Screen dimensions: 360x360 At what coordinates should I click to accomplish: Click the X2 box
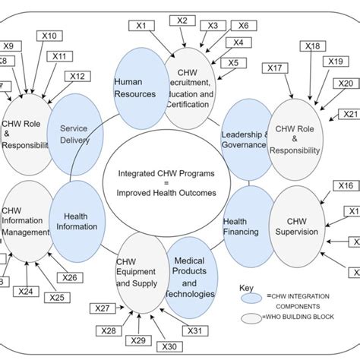[182, 21]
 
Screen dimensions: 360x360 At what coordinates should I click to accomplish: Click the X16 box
[346, 185]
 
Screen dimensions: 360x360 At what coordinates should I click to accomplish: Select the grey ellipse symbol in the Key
[252, 317]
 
